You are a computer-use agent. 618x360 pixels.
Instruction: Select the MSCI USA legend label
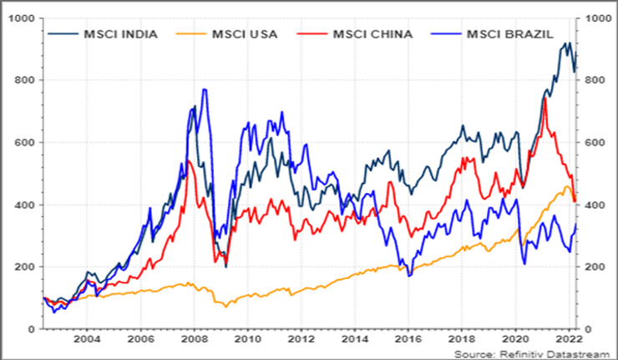click(248, 34)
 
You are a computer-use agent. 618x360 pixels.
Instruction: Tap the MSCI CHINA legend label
click(372, 34)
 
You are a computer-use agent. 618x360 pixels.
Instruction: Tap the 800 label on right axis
click(594, 80)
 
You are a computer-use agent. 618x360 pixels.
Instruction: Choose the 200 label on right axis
click(594, 267)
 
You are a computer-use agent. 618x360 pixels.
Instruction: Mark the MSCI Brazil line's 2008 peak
click(204, 89)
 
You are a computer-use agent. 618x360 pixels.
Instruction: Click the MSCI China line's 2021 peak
click(545, 99)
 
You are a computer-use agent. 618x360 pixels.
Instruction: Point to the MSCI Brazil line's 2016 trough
click(409, 276)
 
